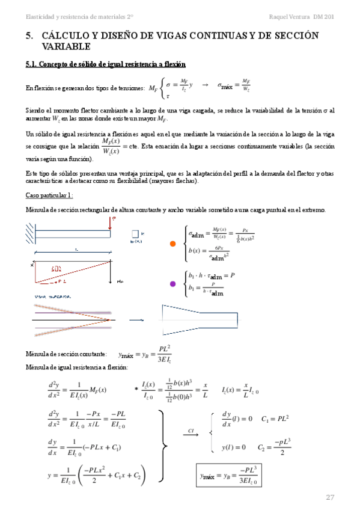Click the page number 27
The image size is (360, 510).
(329, 497)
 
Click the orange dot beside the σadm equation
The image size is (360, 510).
(173, 244)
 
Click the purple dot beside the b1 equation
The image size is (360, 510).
(173, 284)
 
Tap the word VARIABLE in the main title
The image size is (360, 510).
(66, 46)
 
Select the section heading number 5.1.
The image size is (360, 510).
(32, 64)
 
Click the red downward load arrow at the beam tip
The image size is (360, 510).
(112, 224)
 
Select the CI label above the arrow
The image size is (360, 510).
(191, 431)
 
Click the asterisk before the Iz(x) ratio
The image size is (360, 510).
(136, 389)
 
